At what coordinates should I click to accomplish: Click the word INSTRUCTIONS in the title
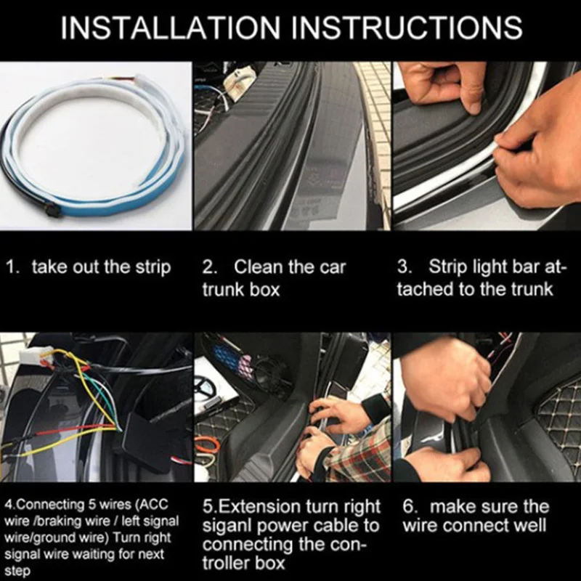[407, 28]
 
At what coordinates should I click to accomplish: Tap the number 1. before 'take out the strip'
[12, 267]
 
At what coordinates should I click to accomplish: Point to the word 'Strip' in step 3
[447, 267]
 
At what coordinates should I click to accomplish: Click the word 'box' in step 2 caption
[264, 289]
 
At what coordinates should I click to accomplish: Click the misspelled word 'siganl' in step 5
[227, 526]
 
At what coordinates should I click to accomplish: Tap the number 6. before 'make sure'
[410, 506]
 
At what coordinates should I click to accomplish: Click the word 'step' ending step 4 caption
[17, 572]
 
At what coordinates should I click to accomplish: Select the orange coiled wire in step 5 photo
[206, 445]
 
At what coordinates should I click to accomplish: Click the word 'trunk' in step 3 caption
[532, 289]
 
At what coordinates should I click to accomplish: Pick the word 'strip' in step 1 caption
[153, 268]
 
